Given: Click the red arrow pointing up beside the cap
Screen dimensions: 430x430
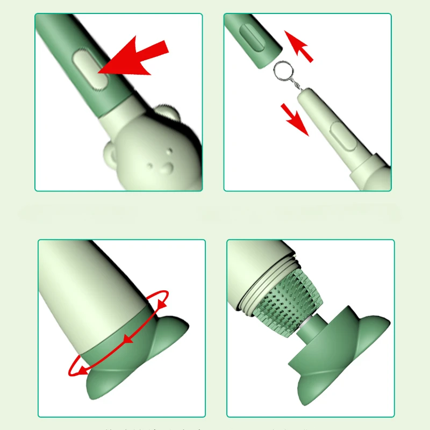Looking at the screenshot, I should [x=299, y=46].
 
